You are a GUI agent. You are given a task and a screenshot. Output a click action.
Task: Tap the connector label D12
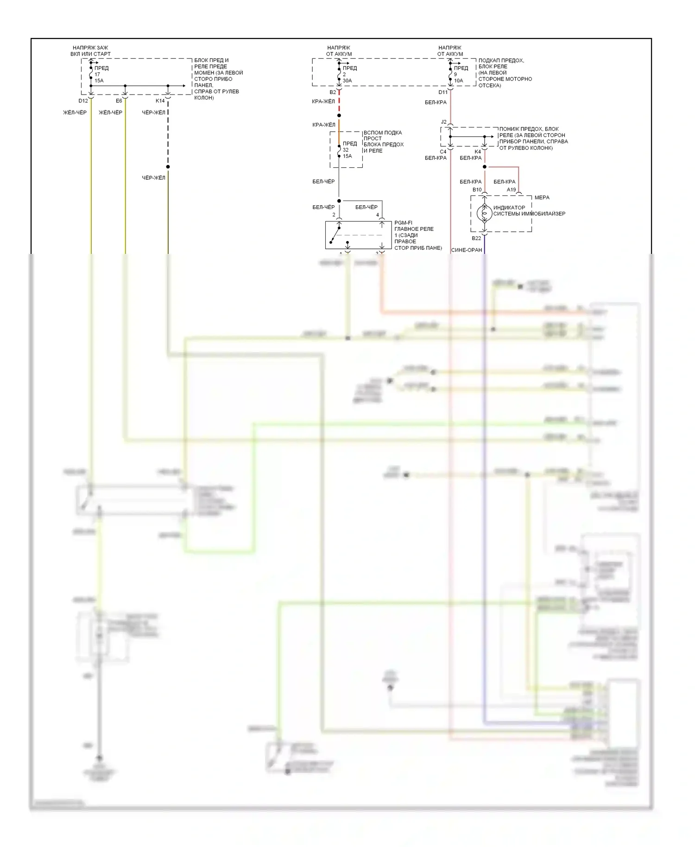[83, 101]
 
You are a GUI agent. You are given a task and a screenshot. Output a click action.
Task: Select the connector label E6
[119, 101]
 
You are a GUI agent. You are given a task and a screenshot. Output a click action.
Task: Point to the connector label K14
[160, 101]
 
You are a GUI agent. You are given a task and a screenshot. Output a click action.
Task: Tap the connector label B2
[333, 93]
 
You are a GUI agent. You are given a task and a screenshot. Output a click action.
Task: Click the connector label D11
[443, 93]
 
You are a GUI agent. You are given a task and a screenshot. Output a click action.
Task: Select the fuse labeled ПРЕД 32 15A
[339, 150]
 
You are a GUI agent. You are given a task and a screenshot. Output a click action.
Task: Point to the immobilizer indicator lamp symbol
[484, 213]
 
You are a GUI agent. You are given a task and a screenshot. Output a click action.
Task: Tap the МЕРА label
[542, 198]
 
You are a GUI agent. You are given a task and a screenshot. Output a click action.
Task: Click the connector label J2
[443, 122]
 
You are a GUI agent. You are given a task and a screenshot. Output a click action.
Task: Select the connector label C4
[443, 152]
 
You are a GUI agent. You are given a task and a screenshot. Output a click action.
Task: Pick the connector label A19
[511, 190]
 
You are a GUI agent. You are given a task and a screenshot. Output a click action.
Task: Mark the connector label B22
[476, 239]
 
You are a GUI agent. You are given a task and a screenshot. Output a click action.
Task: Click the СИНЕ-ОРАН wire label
[466, 250]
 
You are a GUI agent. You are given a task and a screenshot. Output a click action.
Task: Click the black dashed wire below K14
[168, 134]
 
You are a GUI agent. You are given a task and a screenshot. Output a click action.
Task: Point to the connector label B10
[477, 190]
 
